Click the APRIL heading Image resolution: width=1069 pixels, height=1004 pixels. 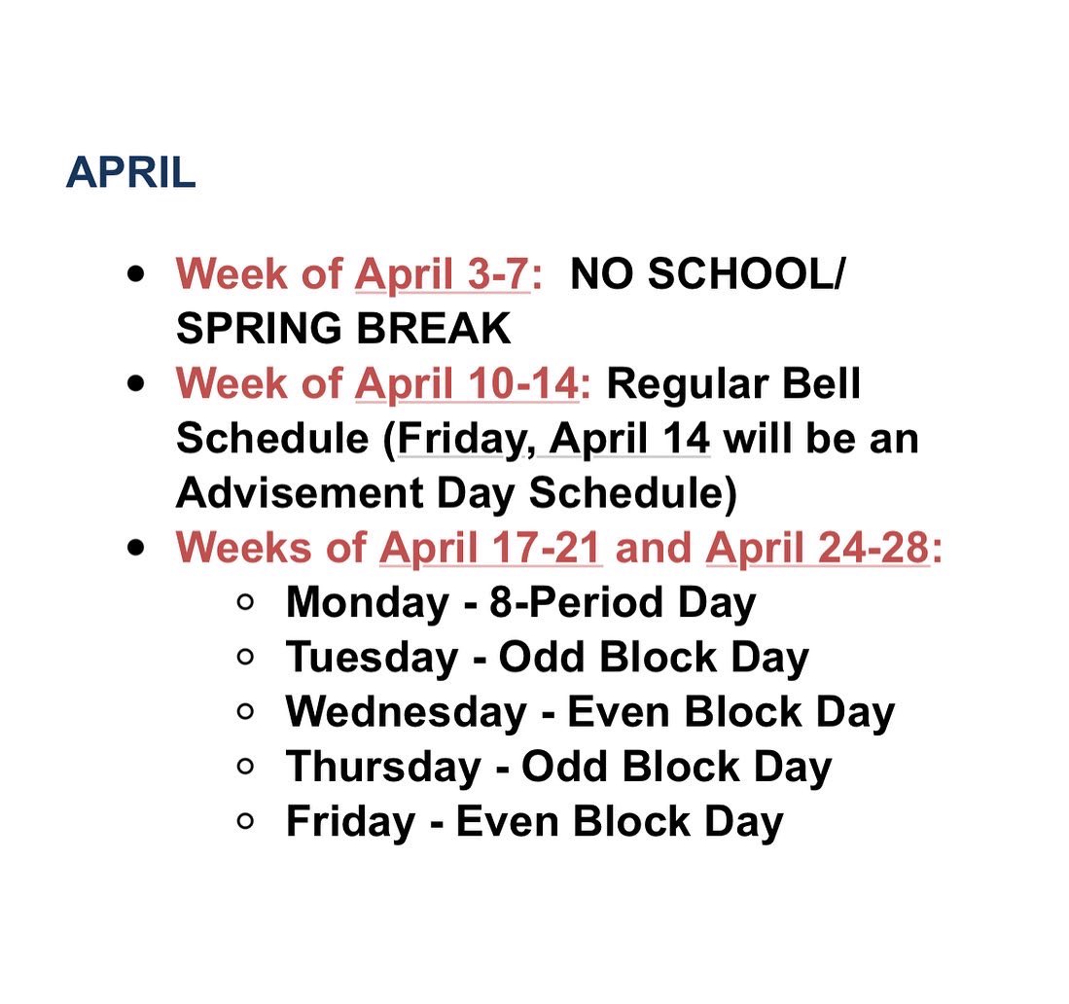click(130, 174)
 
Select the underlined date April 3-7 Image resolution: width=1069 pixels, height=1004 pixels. click(442, 274)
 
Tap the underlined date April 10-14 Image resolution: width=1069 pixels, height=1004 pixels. click(466, 384)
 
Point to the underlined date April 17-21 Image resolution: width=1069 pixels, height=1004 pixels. click(490, 549)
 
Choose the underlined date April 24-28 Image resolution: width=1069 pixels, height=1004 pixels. click(818, 549)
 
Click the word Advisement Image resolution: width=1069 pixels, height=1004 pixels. click(292, 494)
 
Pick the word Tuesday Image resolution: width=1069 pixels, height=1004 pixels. click(372, 659)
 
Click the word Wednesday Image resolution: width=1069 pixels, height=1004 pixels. click(406, 713)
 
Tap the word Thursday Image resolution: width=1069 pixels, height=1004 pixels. click(383, 768)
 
